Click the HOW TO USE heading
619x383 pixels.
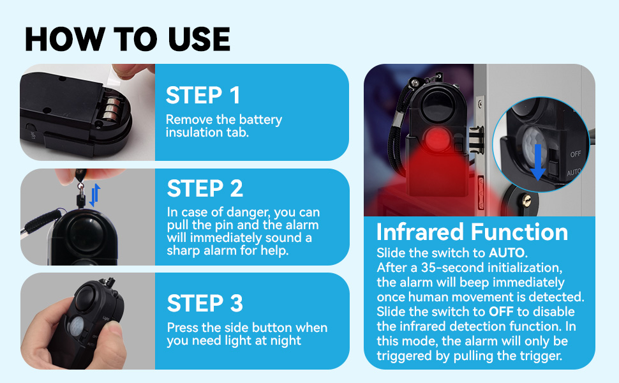pos(128,39)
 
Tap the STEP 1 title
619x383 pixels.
pos(203,95)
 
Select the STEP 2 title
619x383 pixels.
pos(205,188)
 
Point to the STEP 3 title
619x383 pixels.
pos(205,303)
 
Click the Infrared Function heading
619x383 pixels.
pos(472,232)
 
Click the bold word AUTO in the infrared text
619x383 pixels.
pos(507,253)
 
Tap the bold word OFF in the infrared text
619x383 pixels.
pos(501,312)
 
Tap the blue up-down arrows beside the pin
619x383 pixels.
pos(94,195)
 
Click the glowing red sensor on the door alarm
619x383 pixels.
pos(437,140)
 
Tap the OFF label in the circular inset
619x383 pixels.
pos(575,154)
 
